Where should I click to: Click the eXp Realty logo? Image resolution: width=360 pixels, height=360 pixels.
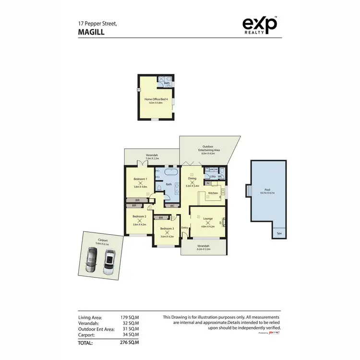pos(260,25)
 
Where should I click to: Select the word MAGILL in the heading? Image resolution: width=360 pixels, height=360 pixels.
pos(90,32)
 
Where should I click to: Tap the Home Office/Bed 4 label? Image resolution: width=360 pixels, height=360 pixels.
pos(156,99)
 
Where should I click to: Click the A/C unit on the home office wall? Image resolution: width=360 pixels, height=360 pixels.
pos(139,89)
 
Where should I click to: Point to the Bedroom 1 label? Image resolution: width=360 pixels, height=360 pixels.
pos(140,179)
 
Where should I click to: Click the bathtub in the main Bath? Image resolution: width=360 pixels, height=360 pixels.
pos(171,171)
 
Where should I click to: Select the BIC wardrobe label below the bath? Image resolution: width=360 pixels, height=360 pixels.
pos(172,206)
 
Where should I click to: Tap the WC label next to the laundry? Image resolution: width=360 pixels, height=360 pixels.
pos(220,177)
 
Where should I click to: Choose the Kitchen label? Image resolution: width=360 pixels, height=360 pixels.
pos(213,193)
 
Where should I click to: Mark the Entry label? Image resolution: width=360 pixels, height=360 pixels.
pos(185,228)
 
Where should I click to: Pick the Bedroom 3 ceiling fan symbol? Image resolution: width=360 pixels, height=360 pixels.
pos(167,232)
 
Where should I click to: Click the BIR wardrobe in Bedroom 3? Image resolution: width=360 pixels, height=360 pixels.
pos(161,218)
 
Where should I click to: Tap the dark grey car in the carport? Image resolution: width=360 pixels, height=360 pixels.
pos(91,262)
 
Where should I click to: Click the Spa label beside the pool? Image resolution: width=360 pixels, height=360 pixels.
pos(279,234)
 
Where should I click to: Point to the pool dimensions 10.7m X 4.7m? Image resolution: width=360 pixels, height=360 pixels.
pos(268,192)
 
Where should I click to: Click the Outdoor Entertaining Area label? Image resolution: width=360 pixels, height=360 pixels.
pos(208,149)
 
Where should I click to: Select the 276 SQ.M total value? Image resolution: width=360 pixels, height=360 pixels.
pos(130,343)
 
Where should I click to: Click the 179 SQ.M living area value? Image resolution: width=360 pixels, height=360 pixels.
pos(130,318)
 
